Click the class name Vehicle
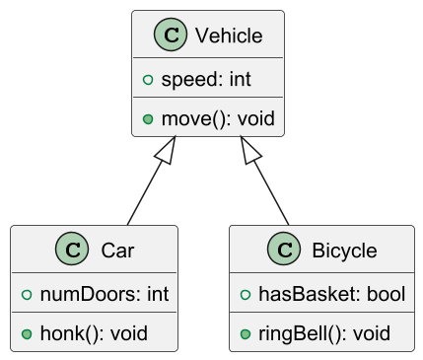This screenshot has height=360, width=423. pos(229,36)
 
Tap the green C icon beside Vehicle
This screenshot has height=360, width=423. pos(171,36)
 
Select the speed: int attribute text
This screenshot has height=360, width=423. pos(205,79)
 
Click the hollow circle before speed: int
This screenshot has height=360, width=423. pos(148,79)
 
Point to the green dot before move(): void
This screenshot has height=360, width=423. pos(148,119)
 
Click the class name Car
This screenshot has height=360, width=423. pos(117,251)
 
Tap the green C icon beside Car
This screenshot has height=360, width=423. pos(71,251)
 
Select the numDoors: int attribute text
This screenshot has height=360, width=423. pos(105,293)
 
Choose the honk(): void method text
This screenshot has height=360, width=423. pos(94,333)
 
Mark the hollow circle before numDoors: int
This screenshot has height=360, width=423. pos(27,293)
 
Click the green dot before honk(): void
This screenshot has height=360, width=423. pos(27,333)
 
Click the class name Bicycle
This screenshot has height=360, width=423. pos(343,251)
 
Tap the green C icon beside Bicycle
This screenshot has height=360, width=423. pos(284,251)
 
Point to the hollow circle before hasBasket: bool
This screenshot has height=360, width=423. pos(245,293)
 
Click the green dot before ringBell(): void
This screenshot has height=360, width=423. pos(245,333)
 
